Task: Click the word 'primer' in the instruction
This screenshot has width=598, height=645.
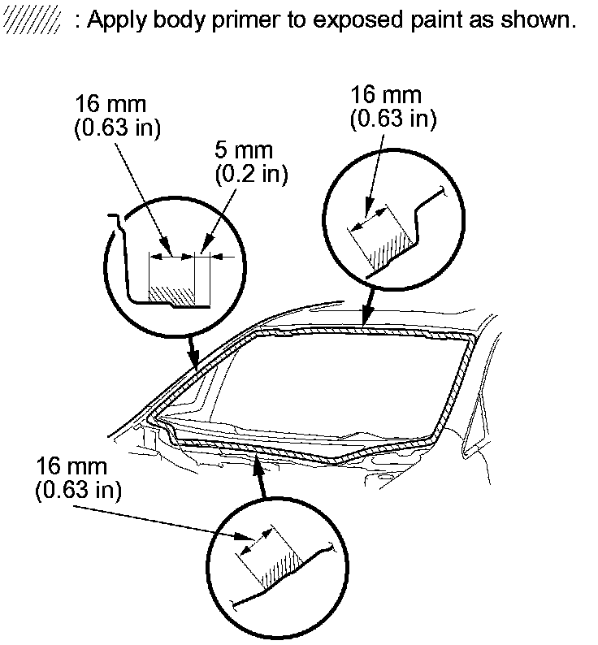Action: pos(245,20)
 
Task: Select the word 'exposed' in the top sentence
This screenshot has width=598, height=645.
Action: pos(357,20)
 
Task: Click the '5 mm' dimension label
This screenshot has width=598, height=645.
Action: pos(244,150)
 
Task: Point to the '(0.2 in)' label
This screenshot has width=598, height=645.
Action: pos(251,175)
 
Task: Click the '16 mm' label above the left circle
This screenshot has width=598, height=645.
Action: pos(110,104)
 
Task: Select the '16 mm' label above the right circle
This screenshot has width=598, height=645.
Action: pos(386,95)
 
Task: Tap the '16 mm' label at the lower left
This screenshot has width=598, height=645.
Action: pos(71,466)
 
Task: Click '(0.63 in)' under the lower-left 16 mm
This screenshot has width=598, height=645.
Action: pos(78,491)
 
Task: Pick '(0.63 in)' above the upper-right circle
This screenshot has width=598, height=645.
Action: pos(393,119)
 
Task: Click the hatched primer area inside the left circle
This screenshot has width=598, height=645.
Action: pos(171,296)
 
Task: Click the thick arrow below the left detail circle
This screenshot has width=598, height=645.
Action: pos(193,351)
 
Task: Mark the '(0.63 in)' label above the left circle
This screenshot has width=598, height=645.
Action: pos(117,128)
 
